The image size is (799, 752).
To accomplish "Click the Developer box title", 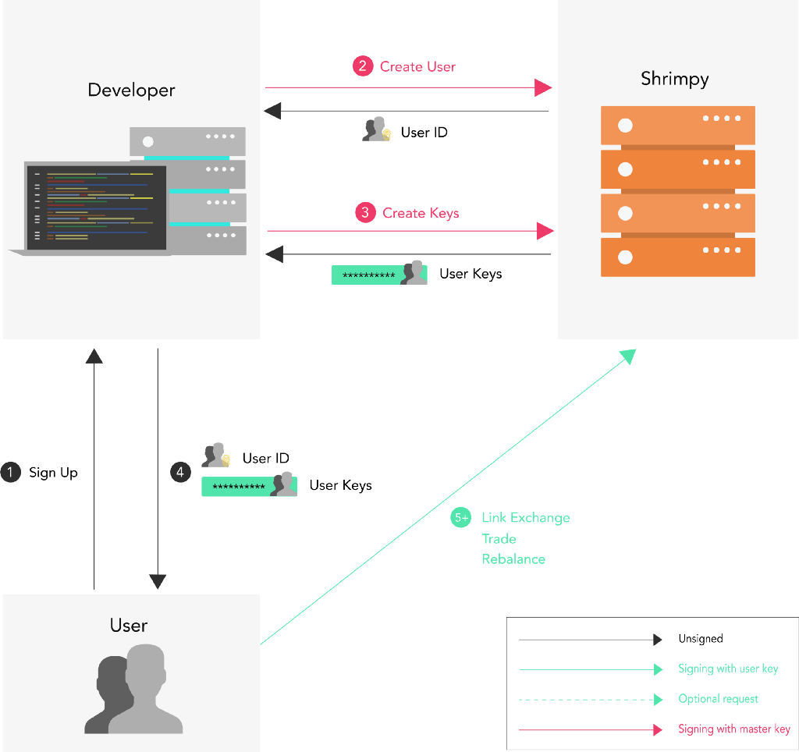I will pyautogui.click(x=131, y=90).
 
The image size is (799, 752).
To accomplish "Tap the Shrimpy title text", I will pyautogui.click(x=674, y=78).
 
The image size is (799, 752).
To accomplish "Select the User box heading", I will pyautogui.click(x=129, y=626).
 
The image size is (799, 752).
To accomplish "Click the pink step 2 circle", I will pyautogui.click(x=363, y=66).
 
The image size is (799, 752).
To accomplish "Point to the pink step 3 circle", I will pyautogui.click(x=365, y=212).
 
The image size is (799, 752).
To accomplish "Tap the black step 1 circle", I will pyautogui.click(x=11, y=472).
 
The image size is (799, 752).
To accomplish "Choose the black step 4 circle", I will pyautogui.click(x=180, y=472).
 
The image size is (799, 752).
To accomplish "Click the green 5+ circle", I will pyautogui.click(x=461, y=518).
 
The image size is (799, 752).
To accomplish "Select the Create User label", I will pyautogui.click(x=417, y=66).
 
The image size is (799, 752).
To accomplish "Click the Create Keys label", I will pyautogui.click(x=421, y=213).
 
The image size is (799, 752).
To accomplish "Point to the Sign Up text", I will pyautogui.click(x=53, y=473).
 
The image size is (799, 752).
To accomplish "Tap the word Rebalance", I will pyautogui.click(x=513, y=559).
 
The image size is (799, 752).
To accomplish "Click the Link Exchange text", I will pyautogui.click(x=525, y=518).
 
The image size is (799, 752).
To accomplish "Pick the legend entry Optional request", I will pyautogui.click(x=718, y=699).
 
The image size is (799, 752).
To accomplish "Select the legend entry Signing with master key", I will pyautogui.click(x=733, y=729).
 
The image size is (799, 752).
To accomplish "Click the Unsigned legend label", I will pyautogui.click(x=700, y=639).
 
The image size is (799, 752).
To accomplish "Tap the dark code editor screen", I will pyautogui.click(x=97, y=208).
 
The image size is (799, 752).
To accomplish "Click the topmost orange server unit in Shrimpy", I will pyautogui.click(x=677, y=125).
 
